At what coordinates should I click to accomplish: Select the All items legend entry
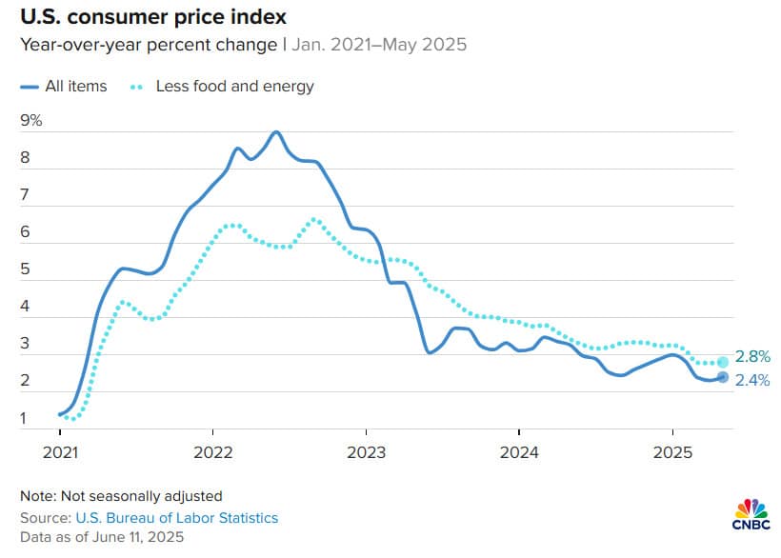click(x=63, y=86)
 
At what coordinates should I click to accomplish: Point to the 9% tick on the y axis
click(x=31, y=120)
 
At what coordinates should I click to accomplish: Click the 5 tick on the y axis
click(x=25, y=269)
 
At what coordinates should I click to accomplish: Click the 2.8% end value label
click(x=752, y=356)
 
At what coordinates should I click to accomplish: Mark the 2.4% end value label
click(x=752, y=381)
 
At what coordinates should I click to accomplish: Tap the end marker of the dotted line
click(x=723, y=362)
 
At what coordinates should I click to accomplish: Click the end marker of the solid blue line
click(x=723, y=377)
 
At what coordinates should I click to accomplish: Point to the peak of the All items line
click(x=276, y=132)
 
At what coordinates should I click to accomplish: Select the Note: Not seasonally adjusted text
click(x=121, y=495)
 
